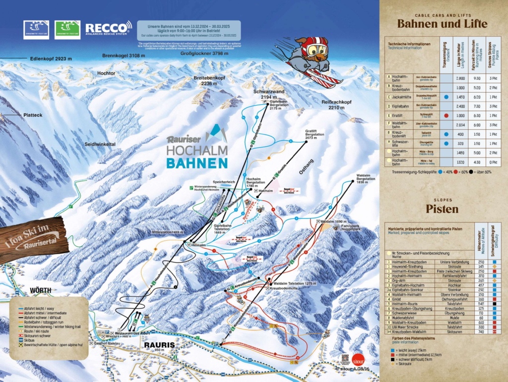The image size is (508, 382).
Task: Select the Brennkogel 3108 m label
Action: (x=124, y=56)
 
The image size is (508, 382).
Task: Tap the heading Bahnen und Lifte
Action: (x=442, y=23)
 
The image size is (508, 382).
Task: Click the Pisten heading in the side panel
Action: (x=442, y=209)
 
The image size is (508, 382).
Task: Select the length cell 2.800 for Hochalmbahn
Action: (x=460, y=78)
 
